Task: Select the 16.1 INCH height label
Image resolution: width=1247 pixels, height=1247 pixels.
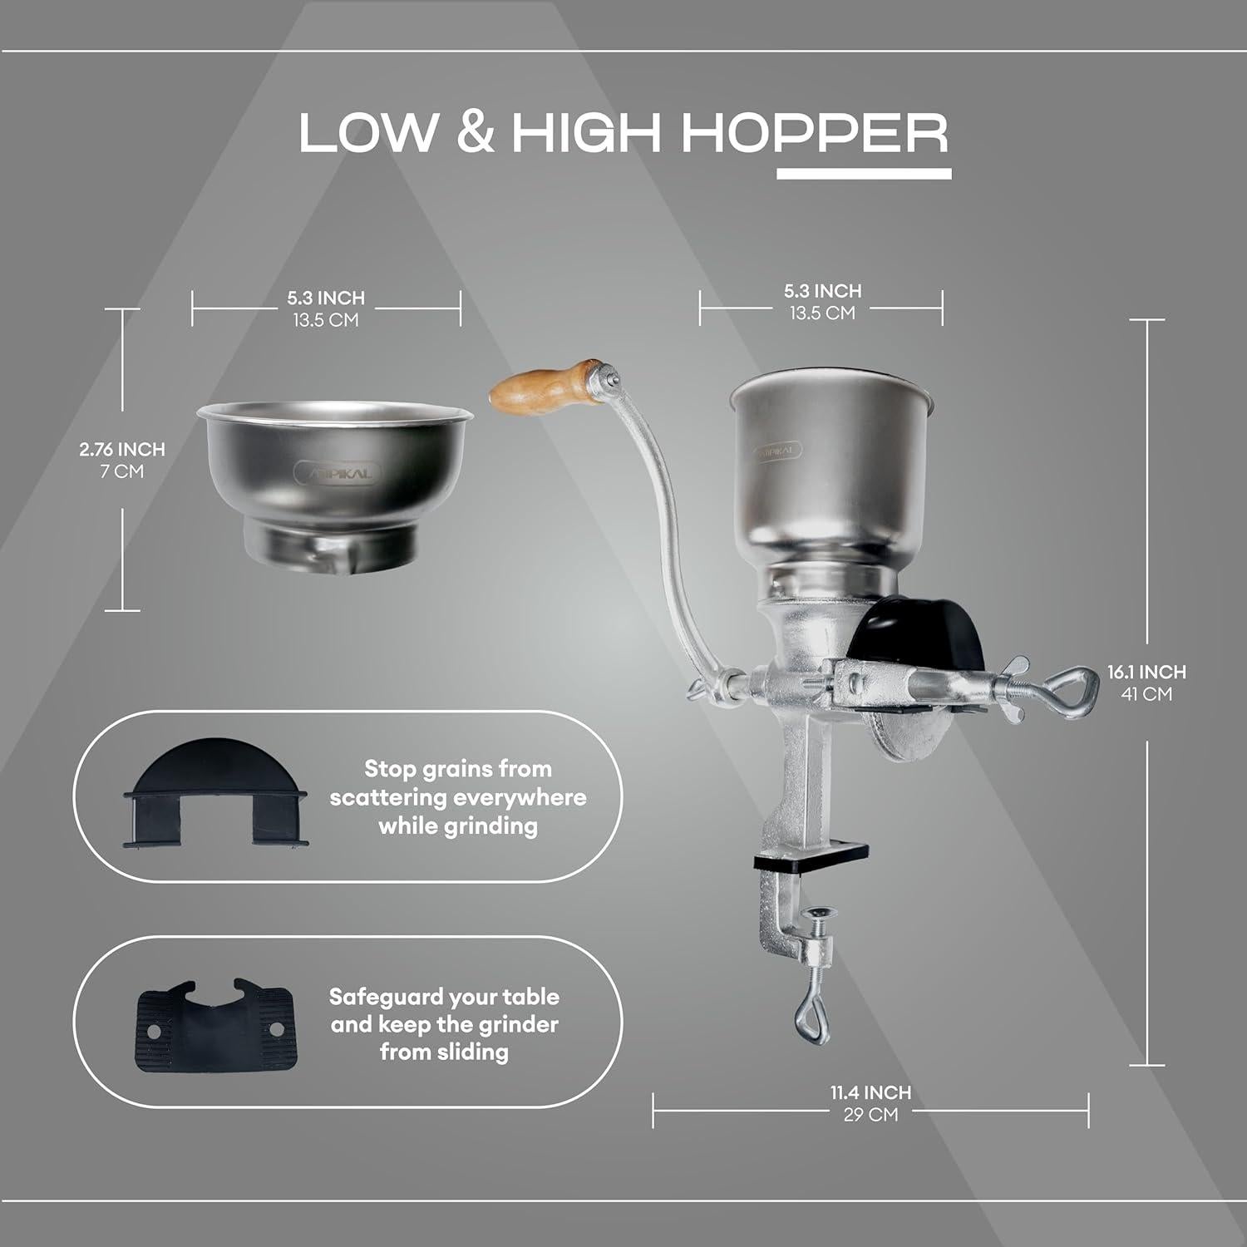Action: coord(1146,672)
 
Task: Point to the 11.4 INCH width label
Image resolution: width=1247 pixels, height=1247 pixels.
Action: coord(870,1092)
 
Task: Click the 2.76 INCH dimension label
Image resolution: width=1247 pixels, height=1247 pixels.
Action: coord(122,450)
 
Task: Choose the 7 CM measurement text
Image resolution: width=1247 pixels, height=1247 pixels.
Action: coord(122,471)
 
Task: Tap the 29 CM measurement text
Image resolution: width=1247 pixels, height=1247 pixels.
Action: coord(870,1115)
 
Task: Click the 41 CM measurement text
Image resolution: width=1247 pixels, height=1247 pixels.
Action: coord(1146,693)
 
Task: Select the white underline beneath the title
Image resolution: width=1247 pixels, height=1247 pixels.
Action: coord(864,175)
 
